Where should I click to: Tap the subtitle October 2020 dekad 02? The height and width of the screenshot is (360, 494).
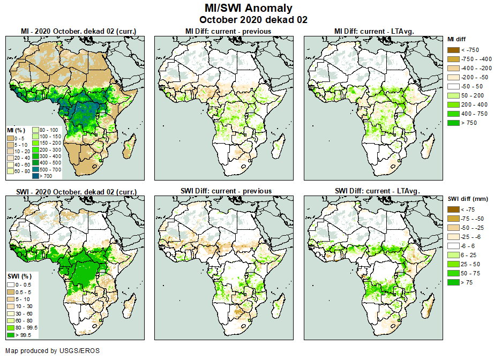tap(249, 20)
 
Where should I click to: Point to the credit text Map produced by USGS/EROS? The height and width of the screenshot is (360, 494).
tap(53, 351)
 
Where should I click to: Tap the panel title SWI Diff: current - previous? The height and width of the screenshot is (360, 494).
tap(226, 191)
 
